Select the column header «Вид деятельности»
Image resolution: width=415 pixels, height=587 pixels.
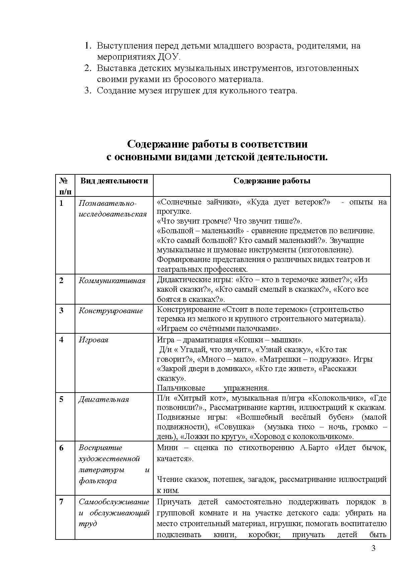tap(114, 181)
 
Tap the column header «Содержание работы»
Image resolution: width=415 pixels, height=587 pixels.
tap(272, 181)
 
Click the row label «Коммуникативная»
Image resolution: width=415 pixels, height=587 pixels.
tap(112, 280)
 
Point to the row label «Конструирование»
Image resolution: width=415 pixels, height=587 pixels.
tap(110, 311)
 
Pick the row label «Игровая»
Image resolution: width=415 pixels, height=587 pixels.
tap(93, 340)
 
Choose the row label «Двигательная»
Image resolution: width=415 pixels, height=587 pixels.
tap(103, 399)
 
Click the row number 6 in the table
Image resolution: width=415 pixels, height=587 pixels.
tap(62, 448)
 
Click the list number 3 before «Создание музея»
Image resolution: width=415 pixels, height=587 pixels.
tap(88, 91)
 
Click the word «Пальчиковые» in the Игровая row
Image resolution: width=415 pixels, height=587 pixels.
tap(181, 388)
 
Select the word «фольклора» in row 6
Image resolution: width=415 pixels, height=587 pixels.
tap(98, 481)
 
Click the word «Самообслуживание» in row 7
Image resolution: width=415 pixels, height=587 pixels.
tap(114, 502)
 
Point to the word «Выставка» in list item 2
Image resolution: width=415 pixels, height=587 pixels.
tap(117, 68)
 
